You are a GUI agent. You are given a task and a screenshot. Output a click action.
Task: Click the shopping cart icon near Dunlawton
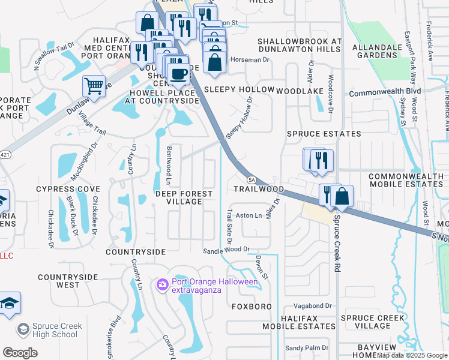94,86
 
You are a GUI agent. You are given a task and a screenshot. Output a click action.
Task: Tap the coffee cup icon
178,73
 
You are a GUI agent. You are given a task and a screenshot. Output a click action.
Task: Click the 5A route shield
252,179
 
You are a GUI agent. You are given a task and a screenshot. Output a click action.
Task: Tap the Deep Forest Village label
184,197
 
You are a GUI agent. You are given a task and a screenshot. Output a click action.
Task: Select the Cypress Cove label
68,189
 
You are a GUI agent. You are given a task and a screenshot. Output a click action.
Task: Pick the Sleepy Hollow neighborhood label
239,89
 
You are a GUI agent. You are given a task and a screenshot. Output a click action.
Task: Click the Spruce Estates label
324,134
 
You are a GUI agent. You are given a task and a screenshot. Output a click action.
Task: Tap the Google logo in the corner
20,353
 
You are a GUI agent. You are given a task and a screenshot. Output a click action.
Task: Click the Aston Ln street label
249,215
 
